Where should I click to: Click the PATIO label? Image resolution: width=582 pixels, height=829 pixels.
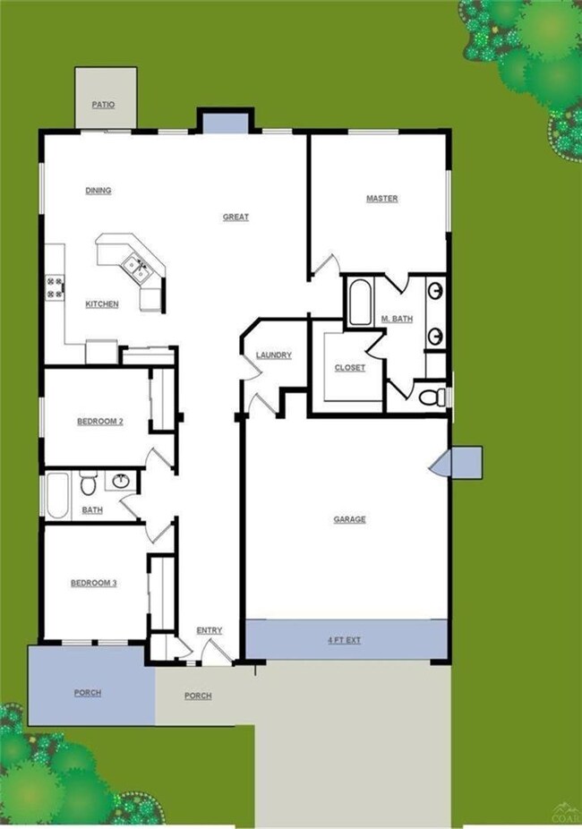pos(103,105)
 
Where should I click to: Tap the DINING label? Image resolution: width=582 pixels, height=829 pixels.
pos(98,191)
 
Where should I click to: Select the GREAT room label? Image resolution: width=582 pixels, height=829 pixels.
pos(236,218)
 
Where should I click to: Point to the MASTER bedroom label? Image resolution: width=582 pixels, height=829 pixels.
pos(381,199)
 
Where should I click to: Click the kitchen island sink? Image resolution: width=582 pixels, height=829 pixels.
pos(136,263)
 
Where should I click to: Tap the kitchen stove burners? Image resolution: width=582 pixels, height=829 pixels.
pos(54,287)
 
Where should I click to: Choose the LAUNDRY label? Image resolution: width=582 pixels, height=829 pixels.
pos(273,355)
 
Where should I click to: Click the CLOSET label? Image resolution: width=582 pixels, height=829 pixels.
pos(349,368)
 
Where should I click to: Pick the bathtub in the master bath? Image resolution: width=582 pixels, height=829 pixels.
pos(359,303)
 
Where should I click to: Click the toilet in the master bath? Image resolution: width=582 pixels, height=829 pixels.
pos(434,395)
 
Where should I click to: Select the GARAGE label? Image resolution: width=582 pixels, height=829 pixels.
pos(349,519)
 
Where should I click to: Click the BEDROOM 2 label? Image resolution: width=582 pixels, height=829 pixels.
pos(99,421)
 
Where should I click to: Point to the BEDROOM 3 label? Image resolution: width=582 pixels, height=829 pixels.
pos(94,584)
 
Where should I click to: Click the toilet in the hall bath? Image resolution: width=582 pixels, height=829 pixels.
pos(88,484)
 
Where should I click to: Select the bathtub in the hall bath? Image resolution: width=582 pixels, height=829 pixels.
pos(57,497)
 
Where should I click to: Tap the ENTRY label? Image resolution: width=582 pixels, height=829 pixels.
pos(209,630)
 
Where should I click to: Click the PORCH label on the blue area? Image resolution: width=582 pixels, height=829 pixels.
pos(87,693)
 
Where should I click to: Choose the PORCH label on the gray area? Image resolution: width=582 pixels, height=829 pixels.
pos(198,696)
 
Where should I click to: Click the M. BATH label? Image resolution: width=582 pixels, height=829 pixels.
pos(397,319)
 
